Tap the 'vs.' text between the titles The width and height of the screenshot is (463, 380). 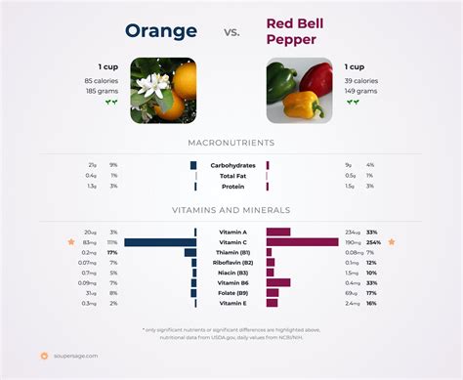point(231,32)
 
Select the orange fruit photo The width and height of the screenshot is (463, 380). point(164,90)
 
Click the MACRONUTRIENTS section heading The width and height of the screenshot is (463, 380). point(231,144)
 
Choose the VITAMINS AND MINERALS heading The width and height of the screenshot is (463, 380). point(231,210)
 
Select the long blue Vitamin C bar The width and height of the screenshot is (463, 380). point(160,242)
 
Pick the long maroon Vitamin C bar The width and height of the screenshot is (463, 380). point(302,242)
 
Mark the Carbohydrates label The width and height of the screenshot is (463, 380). point(233,165)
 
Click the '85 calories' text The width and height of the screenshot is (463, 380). point(102,80)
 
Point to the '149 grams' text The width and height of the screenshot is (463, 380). point(360,90)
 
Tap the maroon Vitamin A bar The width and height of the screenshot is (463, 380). point(279,232)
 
